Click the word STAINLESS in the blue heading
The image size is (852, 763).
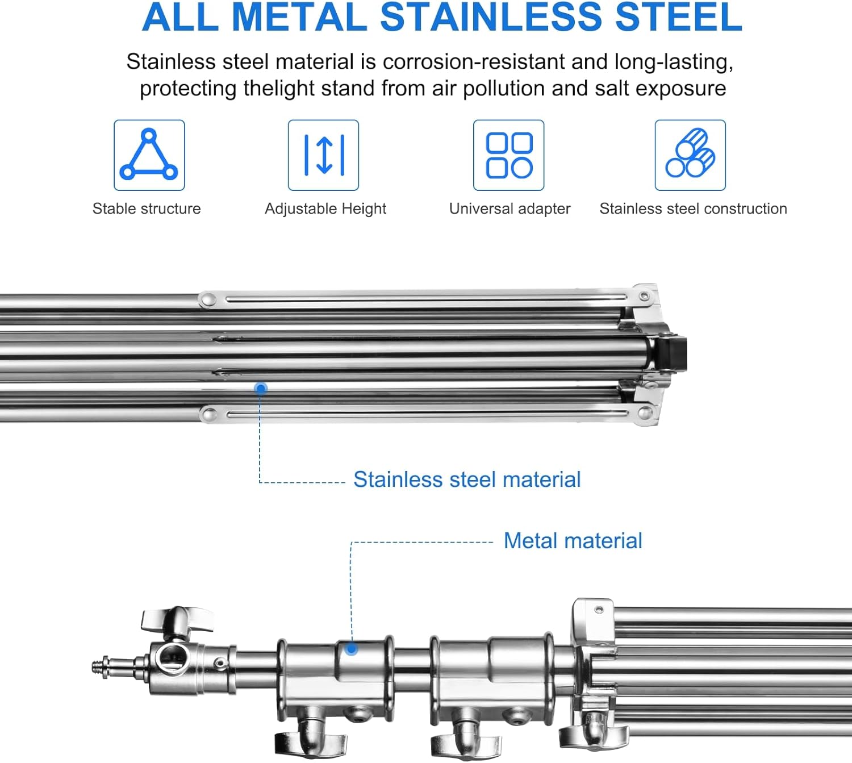[491, 17]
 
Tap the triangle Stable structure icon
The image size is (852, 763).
[149, 155]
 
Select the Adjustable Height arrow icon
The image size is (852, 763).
[323, 155]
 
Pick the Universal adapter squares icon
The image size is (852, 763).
[509, 155]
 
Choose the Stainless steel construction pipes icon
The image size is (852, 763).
[690, 155]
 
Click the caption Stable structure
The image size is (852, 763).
[147, 209]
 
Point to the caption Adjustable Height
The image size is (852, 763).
[325, 209]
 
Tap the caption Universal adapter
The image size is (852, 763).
[509, 209]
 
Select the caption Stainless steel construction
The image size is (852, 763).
[693, 209]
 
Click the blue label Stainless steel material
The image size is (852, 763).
[467, 480]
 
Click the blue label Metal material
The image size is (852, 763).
[573, 541]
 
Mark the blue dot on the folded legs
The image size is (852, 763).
[261, 389]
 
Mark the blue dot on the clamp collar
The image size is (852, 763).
[352, 649]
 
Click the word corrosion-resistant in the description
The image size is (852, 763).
[474, 61]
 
